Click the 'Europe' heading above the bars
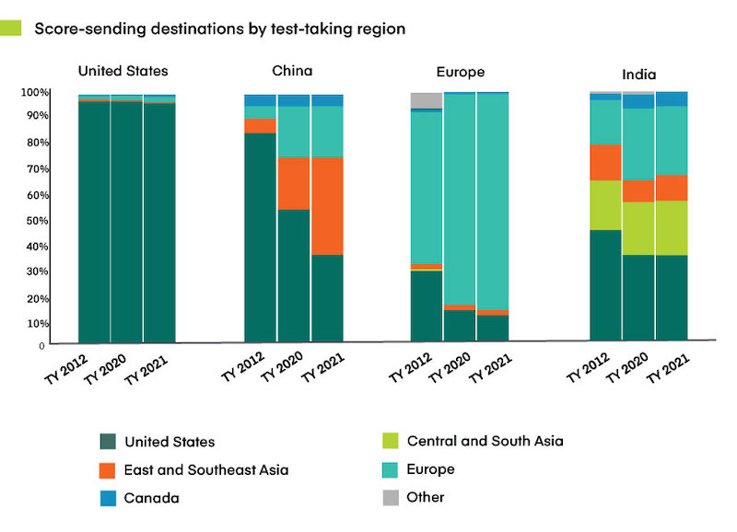coord(461,72)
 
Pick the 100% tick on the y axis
coord(34,93)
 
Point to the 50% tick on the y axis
coord(34,221)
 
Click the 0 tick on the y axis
coord(41,346)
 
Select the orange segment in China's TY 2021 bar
coord(327,205)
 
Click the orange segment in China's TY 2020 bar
coord(294,183)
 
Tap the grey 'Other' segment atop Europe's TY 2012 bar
coord(426,100)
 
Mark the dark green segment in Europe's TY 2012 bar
coord(426,306)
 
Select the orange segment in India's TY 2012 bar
coord(605,162)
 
